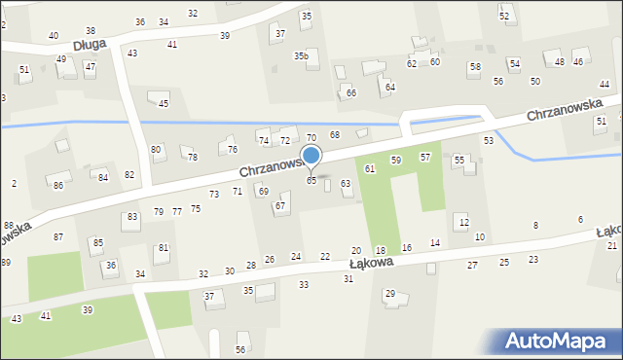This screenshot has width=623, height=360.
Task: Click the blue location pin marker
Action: [x=311, y=156]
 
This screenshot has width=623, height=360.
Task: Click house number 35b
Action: [x=302, y=56]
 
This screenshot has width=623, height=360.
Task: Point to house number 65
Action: [x=311, y=181]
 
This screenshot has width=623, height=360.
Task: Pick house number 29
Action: [x=390, y=294]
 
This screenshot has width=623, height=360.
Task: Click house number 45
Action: [x=164, y=103]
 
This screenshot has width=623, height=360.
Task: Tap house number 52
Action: [x=504, y=17]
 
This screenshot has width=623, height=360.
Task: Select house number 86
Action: [x=58, y=185]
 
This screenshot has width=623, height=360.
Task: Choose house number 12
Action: [x=463, y=223]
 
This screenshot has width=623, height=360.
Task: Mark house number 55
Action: [x=459, y=159]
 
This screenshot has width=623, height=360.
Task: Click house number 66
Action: [x=351, y=92]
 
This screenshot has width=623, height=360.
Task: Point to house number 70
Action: [x=311, y=137]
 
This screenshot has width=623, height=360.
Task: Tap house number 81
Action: [x=164, y=248]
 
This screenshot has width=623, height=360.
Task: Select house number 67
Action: [x=280, y=205]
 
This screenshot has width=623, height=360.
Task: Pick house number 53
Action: [x=489, y=141]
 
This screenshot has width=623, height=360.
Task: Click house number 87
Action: [x=58, y=237]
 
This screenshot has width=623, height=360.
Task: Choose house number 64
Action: [x=390, y=87]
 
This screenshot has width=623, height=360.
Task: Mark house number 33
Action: [x=304, y=284]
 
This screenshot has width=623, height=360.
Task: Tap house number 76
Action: [x=233, y=149]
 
